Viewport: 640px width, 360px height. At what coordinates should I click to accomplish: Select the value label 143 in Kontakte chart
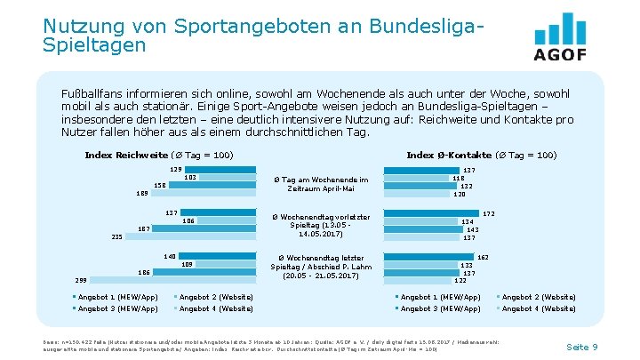[x=472, y=229]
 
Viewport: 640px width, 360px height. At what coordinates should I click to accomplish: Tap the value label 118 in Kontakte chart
[x=459, y=178]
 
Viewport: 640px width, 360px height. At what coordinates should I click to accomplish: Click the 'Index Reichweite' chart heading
[x=159, y=155]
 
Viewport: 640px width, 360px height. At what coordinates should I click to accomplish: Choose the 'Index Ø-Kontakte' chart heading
[x=481, y=155]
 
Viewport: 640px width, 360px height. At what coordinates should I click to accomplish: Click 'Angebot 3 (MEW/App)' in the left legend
[x=117, y=308]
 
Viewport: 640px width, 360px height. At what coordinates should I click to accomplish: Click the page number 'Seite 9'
[x=581, y=346]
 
